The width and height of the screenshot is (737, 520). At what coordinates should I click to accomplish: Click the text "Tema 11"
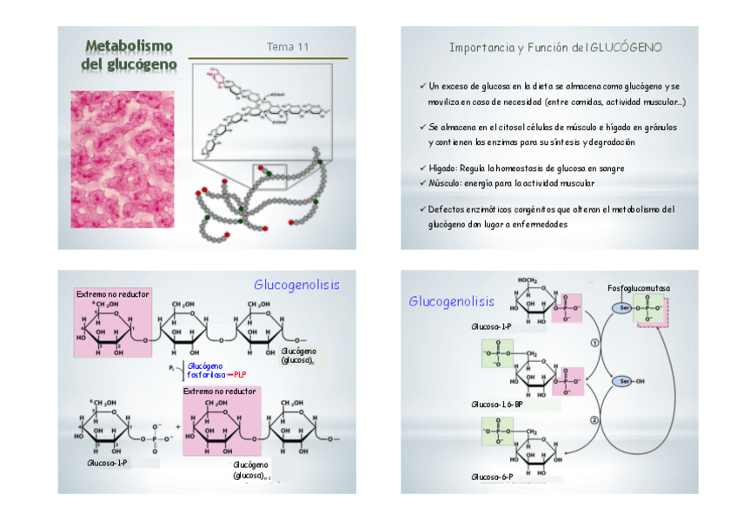287,47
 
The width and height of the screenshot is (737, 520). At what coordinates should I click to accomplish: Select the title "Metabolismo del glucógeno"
129,55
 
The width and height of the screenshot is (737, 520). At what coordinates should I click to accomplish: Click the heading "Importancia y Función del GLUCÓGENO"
555,47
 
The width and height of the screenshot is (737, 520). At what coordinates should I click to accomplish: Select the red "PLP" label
242,374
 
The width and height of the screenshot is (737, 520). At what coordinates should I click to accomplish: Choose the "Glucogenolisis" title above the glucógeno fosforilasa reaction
296,285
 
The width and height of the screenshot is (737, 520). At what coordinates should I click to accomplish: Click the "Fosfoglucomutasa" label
639,287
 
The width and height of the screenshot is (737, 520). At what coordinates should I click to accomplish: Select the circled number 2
594,420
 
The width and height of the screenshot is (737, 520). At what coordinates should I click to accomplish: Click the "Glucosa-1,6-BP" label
495,405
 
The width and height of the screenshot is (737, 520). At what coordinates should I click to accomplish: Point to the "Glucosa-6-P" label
492,477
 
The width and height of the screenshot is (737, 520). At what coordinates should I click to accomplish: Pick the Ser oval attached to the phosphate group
623,308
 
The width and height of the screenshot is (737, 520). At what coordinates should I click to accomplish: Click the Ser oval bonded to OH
623,381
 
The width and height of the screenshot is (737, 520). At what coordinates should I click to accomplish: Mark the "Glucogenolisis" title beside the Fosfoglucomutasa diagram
451,301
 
